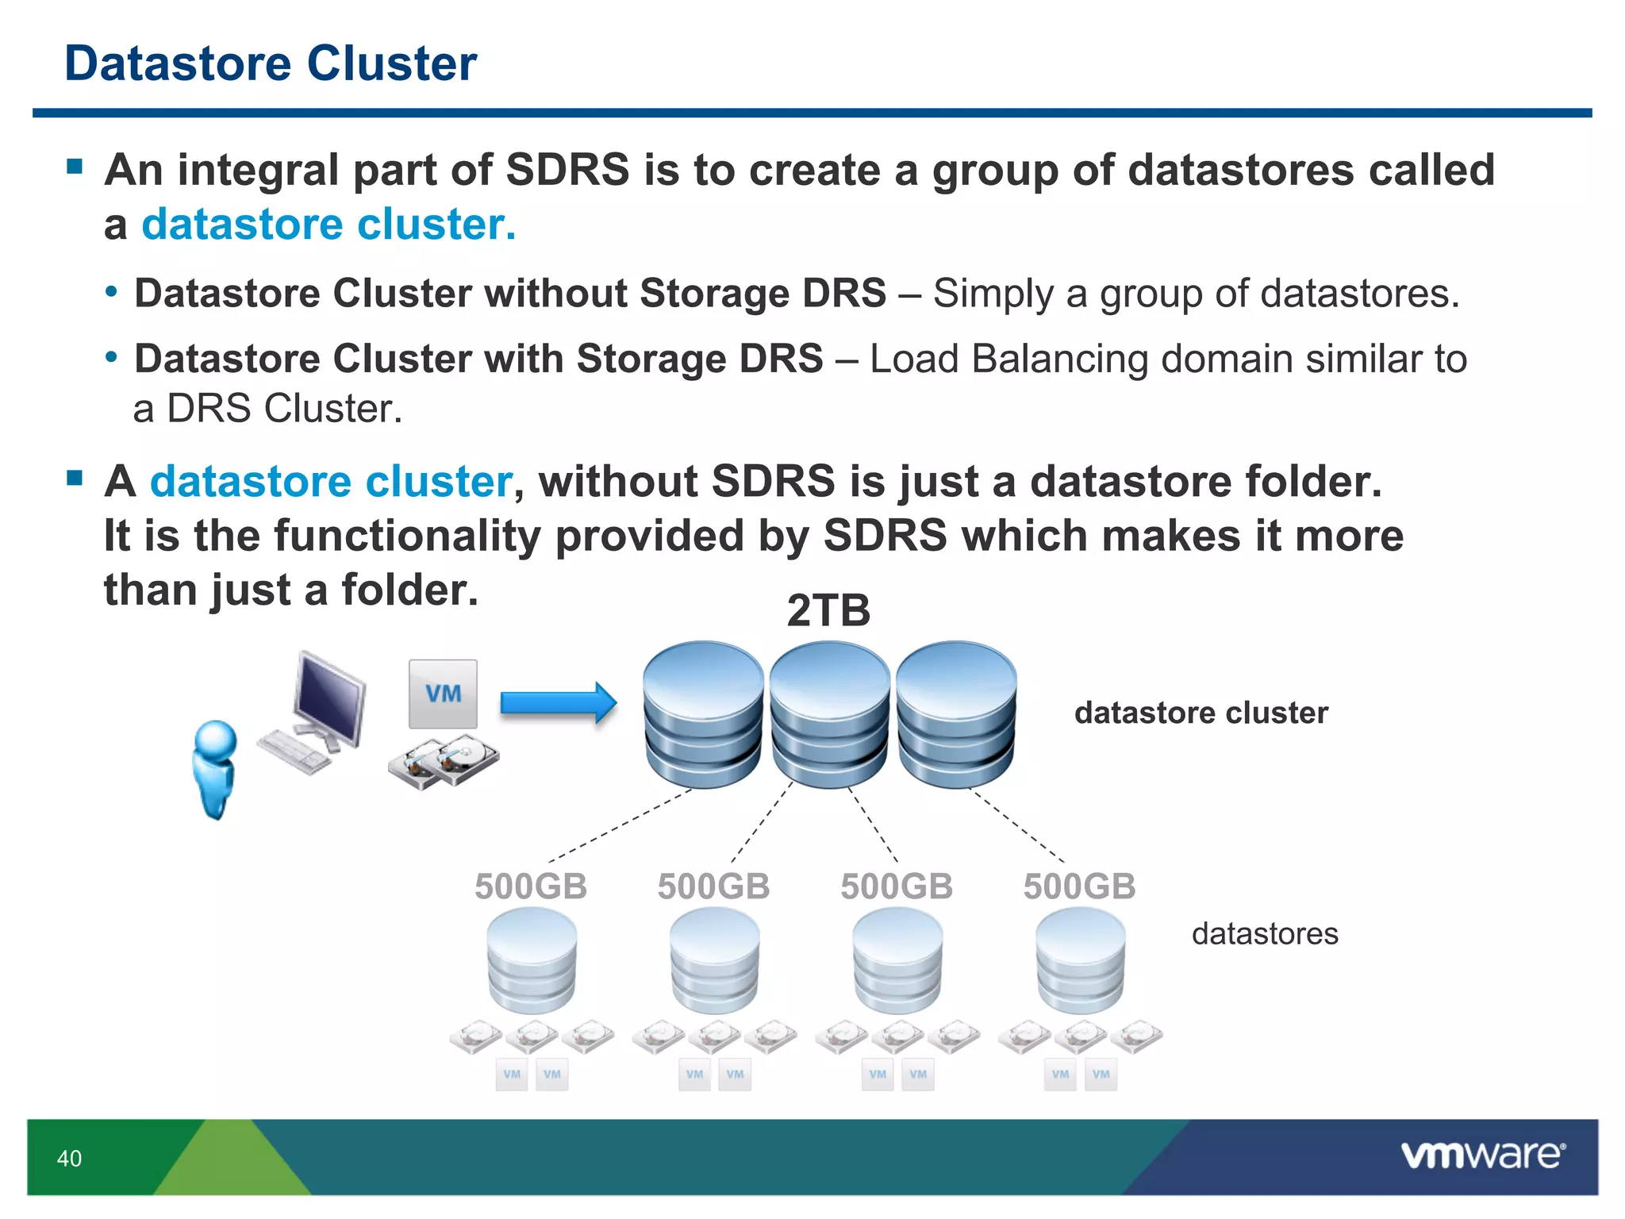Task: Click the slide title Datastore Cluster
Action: pos(270,63)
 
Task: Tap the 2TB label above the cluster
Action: pos(828,611)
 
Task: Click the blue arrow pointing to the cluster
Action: pos(558,703)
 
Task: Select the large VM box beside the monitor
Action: pos(443,694)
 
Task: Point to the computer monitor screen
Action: pos(328,695)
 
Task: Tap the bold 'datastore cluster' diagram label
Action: pos(1201,713)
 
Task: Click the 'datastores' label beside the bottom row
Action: pos(1264,933)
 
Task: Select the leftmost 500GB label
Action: pos(530,886)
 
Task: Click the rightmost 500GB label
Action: pos(1079,886)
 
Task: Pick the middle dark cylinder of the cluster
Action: pos(829,714)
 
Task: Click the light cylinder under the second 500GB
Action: pos(714,960)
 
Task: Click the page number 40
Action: pos(69,1159)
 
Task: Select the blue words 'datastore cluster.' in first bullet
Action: pos(328,225)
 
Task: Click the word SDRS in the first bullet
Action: pos(567,170)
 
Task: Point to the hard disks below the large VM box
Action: pos(443,762)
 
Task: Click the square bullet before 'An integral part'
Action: pos(75,166)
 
